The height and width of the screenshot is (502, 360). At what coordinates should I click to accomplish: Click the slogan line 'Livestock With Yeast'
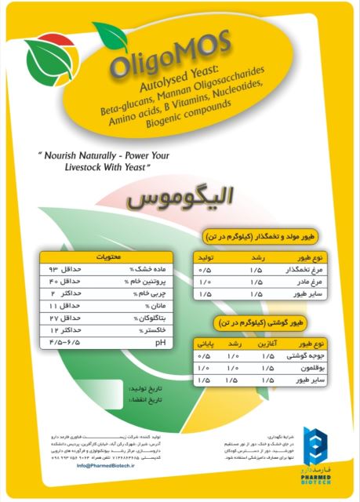tap(105, 166)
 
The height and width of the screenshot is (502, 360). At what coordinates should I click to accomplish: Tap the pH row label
tap(161, 343)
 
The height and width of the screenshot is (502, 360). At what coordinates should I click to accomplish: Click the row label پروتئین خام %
tap(143, 281)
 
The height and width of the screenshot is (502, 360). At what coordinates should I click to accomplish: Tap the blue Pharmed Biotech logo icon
tap(313, 445)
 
